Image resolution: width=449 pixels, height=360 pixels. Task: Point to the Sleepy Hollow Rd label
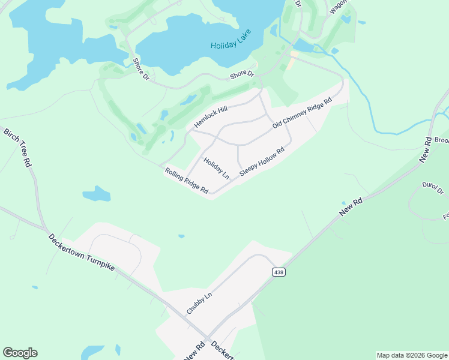(262, 161)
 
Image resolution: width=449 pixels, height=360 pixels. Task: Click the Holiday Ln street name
(216, 168)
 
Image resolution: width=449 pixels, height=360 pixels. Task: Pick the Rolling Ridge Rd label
(187, 181)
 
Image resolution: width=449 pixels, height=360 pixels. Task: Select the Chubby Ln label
(199, 303)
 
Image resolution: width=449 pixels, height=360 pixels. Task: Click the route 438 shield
(279, 272)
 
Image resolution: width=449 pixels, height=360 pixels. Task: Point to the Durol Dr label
(432, 188)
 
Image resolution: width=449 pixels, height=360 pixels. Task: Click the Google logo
(20, 353)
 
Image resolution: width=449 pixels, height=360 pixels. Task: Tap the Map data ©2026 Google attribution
(412, 355)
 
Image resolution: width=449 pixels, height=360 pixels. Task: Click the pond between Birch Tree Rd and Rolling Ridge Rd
(97, 194)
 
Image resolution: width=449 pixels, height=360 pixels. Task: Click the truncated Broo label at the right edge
(441, 140)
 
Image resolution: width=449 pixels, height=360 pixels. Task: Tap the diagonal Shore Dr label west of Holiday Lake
(141, 68)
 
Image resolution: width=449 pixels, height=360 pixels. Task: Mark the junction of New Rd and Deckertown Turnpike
(206, 338)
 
